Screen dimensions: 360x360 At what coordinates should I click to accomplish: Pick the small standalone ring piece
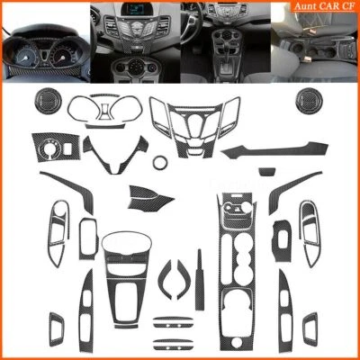click(160, 164)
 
